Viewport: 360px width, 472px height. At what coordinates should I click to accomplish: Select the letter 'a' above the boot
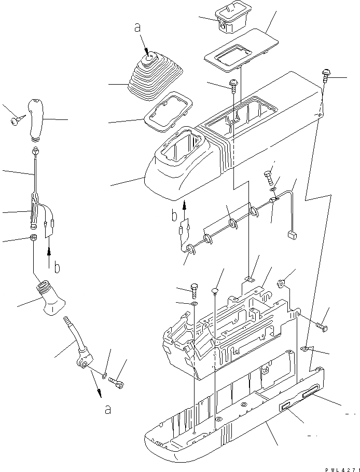click(138, 29)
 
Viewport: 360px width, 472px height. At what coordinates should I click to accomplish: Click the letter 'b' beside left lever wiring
click(57, 268)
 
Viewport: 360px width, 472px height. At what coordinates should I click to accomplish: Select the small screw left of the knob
click(14, 122)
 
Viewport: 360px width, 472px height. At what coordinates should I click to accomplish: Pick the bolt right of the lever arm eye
click(118, 383)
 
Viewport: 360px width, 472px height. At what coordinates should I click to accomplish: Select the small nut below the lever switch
click(33, 239)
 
